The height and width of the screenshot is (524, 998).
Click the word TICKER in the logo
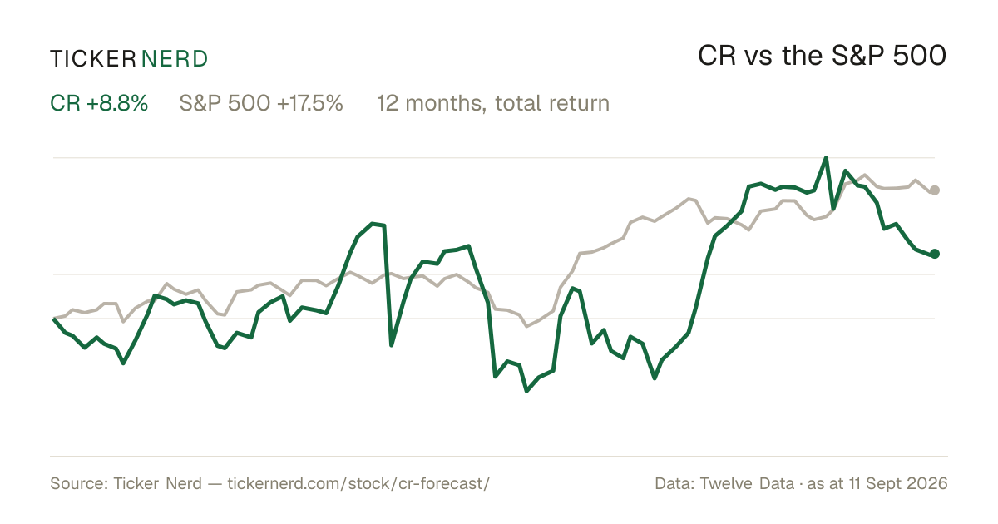point(92,59)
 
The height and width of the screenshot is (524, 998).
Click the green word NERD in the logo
point(174,59)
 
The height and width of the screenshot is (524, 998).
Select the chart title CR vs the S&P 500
point(822,56)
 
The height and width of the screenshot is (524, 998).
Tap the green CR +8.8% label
point(99,103)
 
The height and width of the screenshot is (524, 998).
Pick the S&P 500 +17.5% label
point(261,103)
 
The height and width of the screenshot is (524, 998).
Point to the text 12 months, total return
point(493,103)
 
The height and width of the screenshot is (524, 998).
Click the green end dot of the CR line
point(935,254)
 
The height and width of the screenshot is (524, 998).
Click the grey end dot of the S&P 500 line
point(935,190)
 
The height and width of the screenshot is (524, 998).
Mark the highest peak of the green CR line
point(826,158)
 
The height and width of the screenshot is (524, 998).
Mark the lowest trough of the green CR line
point(526,391)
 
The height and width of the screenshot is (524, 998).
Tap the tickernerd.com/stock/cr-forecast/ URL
point(358,483)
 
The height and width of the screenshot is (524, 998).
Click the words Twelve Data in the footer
point(747,483)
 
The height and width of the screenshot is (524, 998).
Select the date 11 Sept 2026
point(898,483)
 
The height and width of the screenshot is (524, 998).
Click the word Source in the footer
point(78,483)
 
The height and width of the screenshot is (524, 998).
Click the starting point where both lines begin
point(53,319)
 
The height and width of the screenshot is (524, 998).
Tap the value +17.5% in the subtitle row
point(310,103)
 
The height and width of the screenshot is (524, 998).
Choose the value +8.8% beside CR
point(117,103)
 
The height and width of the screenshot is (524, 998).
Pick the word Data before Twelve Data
point(674,483)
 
